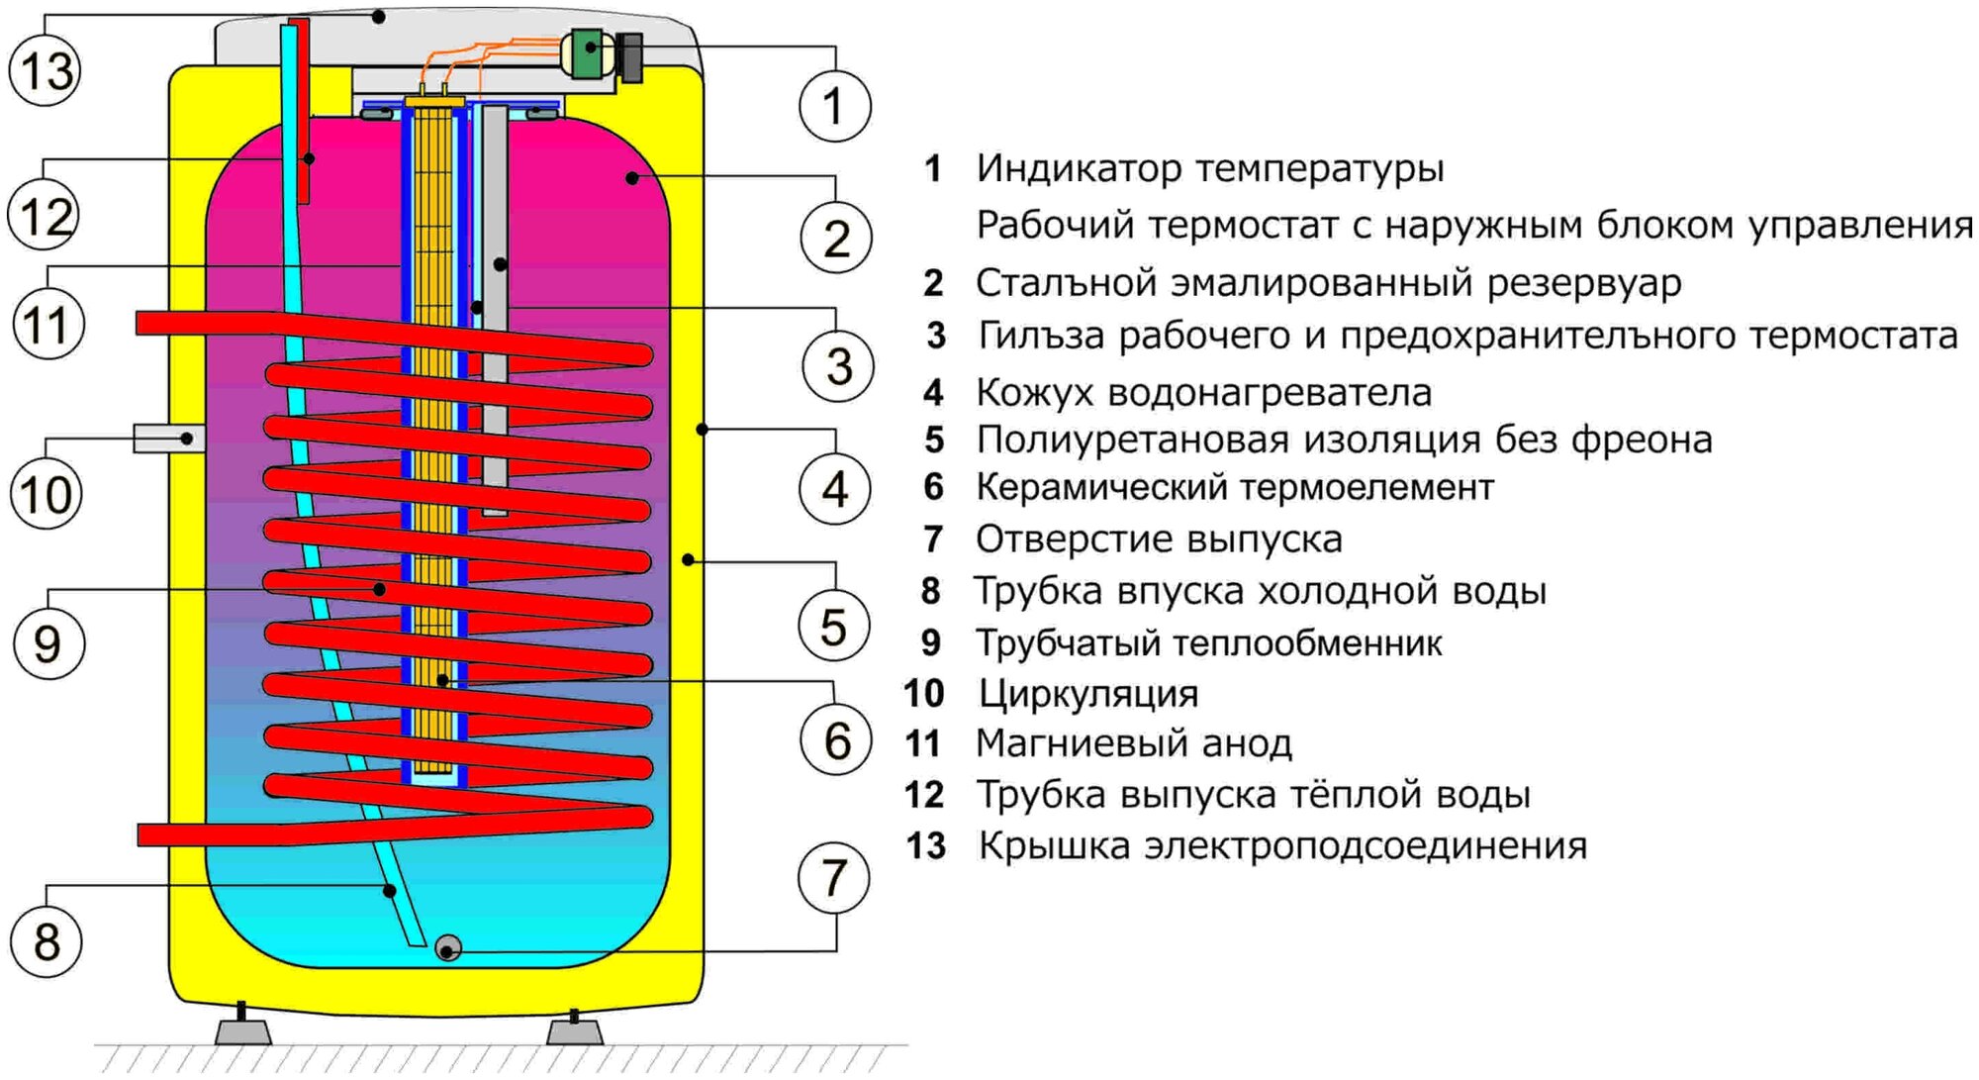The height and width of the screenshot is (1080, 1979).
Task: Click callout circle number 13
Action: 46,70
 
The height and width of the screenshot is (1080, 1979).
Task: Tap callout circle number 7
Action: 834,878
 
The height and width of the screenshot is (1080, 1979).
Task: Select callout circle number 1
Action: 834,106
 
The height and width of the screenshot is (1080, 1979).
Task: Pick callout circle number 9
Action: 47,643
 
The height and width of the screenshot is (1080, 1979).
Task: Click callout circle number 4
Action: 835,489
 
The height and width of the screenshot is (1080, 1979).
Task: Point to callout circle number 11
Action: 47,325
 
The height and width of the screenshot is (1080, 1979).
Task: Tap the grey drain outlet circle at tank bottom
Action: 447,948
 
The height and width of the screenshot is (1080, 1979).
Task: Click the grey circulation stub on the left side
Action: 168,438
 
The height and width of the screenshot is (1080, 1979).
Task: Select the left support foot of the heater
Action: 242,1030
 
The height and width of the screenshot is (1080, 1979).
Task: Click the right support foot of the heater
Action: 575,1030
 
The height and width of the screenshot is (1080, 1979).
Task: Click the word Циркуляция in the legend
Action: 1087,694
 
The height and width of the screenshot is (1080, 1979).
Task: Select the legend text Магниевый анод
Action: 1134,743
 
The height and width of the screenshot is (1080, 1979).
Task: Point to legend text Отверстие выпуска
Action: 1159,540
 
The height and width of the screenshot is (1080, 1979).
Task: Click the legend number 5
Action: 934,440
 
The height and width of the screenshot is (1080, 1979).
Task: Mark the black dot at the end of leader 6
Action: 442,681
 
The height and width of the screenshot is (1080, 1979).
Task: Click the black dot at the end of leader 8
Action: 390,891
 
